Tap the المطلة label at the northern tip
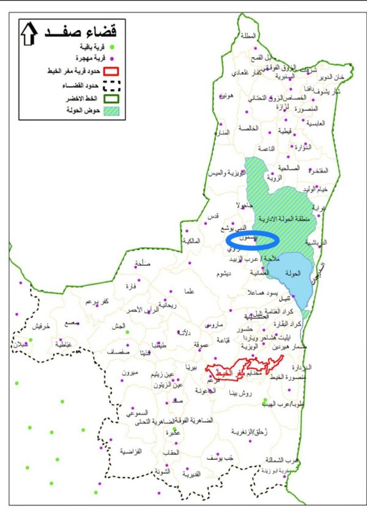[x=249, y=35]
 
